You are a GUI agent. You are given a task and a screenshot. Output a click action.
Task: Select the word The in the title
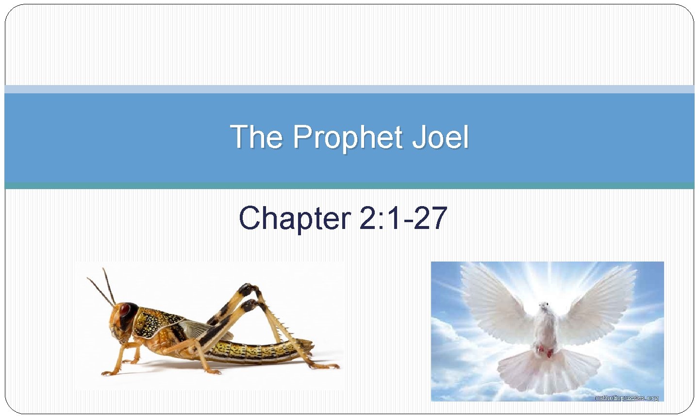coord(256,137)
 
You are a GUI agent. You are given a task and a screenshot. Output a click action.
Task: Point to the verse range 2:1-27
coord(402,218)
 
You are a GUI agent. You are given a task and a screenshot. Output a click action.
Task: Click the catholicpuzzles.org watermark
coord(627,398)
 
